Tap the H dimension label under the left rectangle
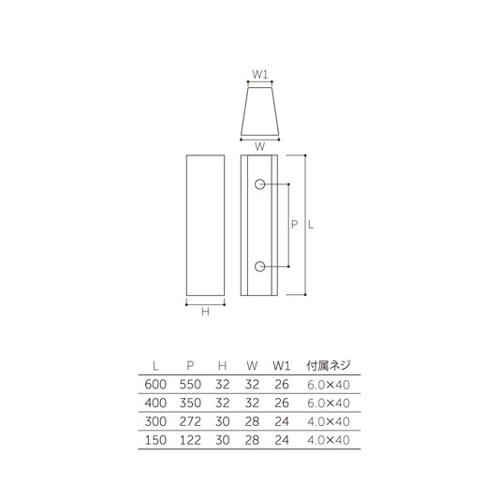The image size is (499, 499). click(205, 313)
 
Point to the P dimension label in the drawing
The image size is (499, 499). click(295, 225)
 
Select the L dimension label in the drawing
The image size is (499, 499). click(313, 225)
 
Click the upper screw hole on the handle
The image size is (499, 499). click(259, 184)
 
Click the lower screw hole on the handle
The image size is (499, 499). click(259, 268)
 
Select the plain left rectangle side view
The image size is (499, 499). click(205, 225)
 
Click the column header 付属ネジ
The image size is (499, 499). click(330, 366)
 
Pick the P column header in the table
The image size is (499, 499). click(190, 366)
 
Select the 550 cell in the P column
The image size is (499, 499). click(190, 384)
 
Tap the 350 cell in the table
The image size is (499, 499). click(190, 402)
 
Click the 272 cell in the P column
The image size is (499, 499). click(190, 419)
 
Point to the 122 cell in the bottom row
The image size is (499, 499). click(190, 437)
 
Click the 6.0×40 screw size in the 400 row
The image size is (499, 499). click(329, 402)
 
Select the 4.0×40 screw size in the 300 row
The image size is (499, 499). click(329, 419)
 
